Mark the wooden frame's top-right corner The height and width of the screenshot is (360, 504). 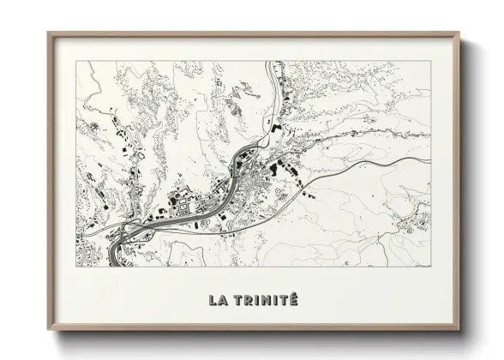(459, 33)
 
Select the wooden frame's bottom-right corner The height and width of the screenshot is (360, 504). (459, 329)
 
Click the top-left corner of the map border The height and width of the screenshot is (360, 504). (76, 61)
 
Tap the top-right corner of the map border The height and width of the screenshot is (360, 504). (431, 61)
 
